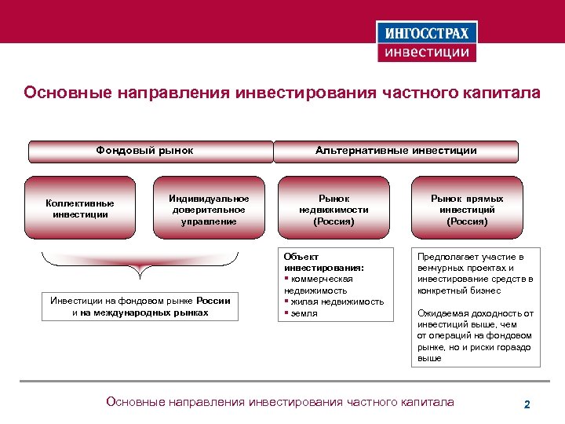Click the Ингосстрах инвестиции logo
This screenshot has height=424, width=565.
point(428,42)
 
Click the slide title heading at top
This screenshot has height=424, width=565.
point(282,93)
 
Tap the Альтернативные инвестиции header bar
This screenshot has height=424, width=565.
point(395,151)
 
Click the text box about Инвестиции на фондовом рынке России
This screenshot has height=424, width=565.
point(140,306)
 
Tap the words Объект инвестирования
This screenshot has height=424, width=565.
point(314,261)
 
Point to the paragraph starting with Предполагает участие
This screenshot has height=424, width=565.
point(475,273)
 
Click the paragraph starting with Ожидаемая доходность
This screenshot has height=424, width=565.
point(475,335)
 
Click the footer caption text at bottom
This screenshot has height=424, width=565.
point(279,402)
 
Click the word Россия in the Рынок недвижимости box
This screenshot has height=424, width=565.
point(334,221)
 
